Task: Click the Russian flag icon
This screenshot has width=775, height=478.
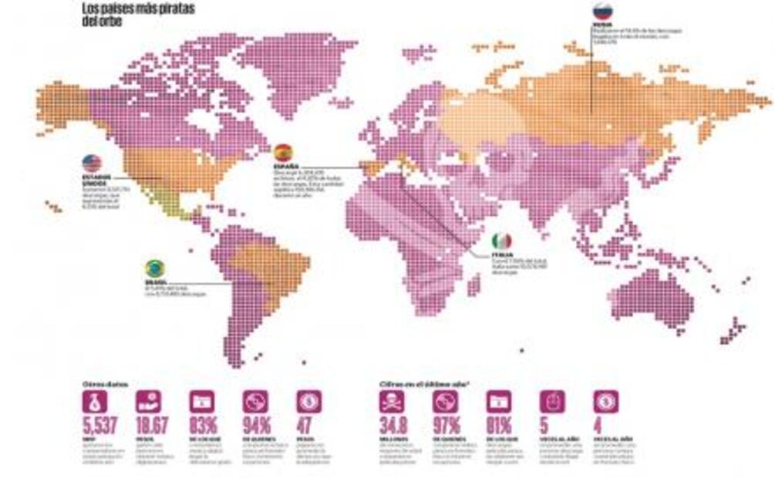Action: [602, 11]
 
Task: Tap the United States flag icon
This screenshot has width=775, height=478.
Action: [92, 163]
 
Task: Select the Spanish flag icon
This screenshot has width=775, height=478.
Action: [283, 152]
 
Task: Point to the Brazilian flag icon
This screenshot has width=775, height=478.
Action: [155, 268]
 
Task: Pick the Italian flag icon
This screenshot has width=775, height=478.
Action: [501, 242]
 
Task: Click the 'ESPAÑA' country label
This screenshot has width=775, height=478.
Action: [288, 166]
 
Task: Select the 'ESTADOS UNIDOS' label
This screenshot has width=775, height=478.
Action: [97, 180]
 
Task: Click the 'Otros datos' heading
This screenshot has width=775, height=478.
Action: [106, 383]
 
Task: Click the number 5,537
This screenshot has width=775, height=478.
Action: [99, 426]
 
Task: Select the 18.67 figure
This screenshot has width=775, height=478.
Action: [153, 426]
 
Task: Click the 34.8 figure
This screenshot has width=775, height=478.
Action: [395, 426]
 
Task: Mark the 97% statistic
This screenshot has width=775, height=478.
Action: [448, 426]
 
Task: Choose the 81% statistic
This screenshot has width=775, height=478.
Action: [500, 426]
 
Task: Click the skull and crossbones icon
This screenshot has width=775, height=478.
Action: [392, 402]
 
